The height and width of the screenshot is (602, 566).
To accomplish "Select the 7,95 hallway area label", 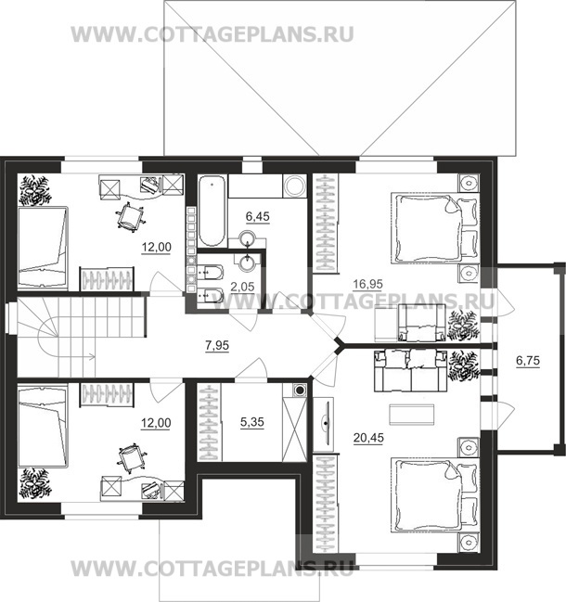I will point(218,347).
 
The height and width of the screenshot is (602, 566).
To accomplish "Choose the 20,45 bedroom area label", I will point(373,433).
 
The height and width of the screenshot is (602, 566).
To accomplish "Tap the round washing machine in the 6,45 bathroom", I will point(296,186).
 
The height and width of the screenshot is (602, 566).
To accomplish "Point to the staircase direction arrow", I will point(74,354).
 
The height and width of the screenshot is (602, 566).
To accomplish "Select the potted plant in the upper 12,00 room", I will point(37,189).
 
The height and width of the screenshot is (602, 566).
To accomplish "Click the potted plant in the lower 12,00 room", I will point(37,483).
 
